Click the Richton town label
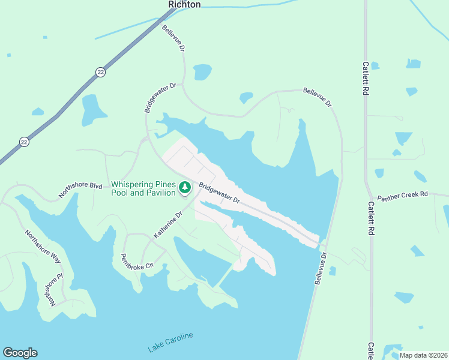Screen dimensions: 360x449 (x=184, y=4)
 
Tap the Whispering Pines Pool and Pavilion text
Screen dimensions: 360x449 (x=144, y=188)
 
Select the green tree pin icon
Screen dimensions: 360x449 (x=185, y=189)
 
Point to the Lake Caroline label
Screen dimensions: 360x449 (x=171, y=342)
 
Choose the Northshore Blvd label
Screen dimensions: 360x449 (x=80, y=190)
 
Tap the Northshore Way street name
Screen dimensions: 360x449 (x=43, y=247)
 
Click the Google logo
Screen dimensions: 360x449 (x=20, y=353)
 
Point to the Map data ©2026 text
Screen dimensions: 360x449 (x=423, y=355)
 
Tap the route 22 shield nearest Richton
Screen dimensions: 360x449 (x=100, y=72)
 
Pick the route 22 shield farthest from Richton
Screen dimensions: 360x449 (x=24, y=142)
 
